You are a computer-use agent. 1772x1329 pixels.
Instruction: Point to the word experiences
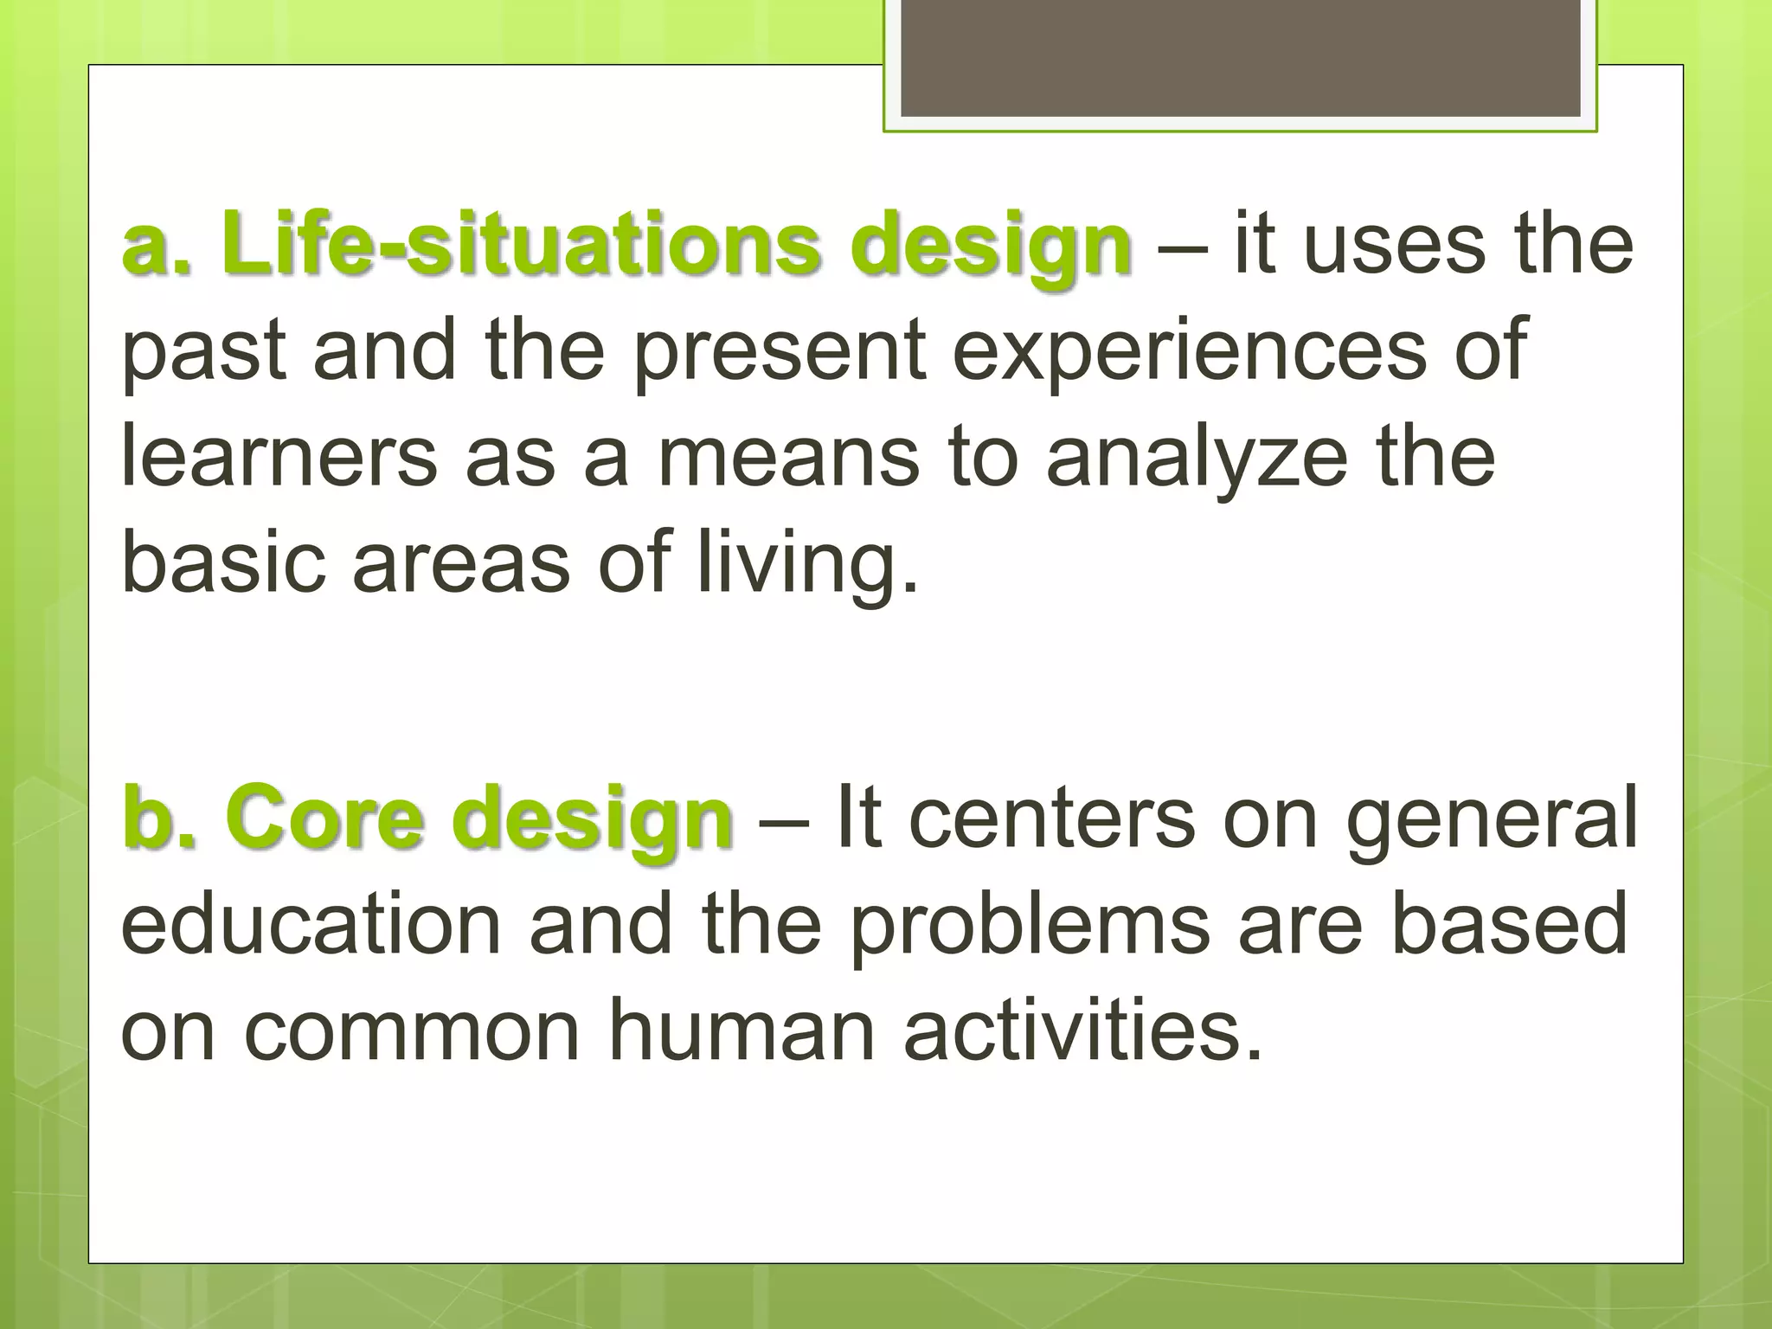[x=1189, y=350]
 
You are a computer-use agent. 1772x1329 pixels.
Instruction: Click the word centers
[x=1051, y=818]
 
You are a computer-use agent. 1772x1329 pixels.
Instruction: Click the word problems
[x=1029, y=926]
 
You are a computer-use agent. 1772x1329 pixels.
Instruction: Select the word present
[x=780, y=351]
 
